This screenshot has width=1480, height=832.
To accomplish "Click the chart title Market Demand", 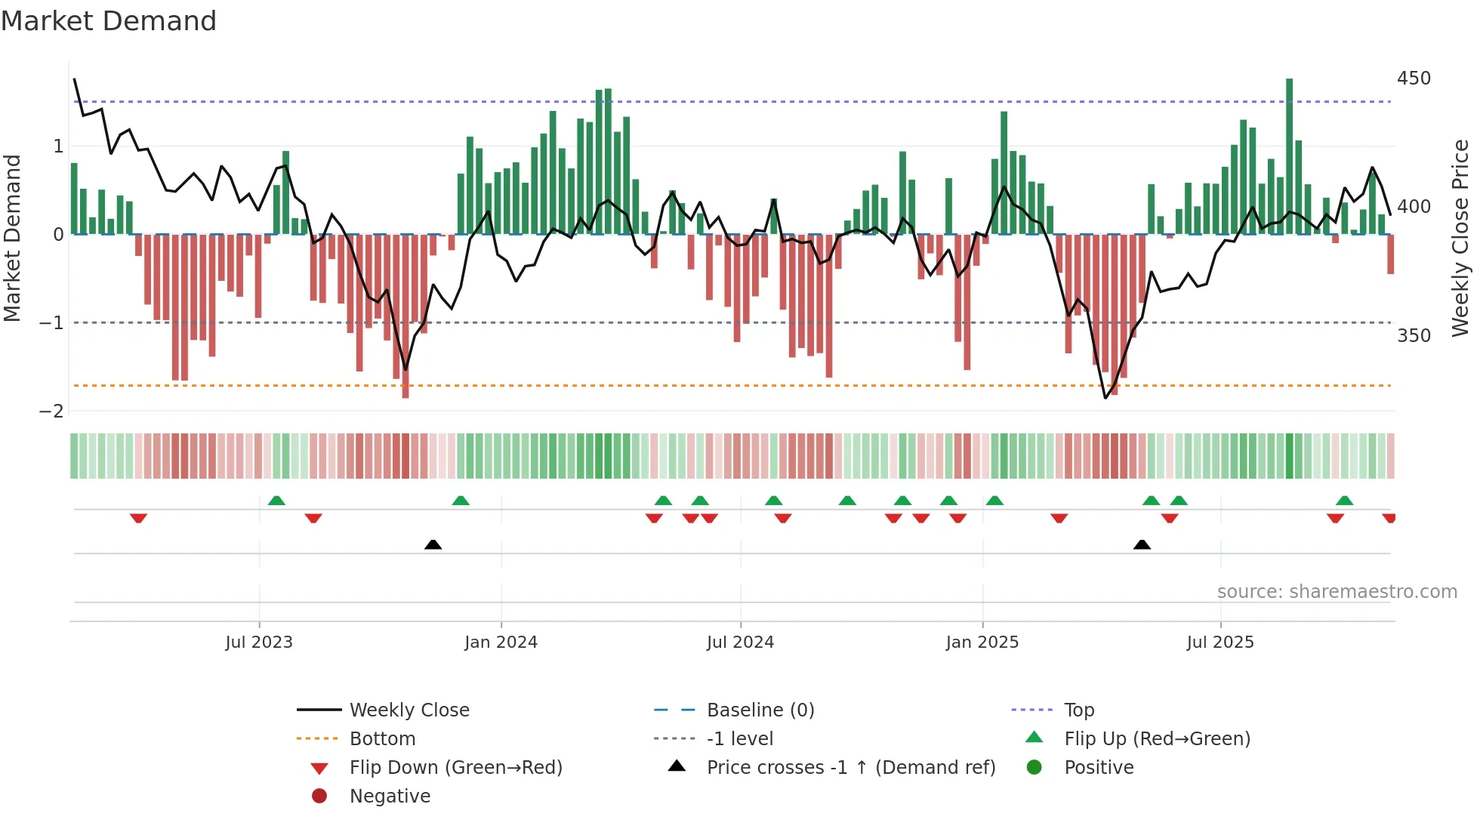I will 109,21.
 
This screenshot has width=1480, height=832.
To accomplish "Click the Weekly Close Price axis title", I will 1460,238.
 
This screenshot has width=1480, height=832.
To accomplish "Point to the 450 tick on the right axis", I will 1414,79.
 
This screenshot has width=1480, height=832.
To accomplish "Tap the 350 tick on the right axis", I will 1414,335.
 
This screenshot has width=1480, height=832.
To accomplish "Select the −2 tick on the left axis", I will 51,411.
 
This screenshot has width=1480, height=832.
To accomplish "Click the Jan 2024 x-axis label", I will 501,642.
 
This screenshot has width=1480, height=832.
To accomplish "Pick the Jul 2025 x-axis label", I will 1219,642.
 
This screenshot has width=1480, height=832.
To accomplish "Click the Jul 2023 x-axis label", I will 259,642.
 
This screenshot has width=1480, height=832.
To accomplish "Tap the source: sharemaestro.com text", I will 1337,592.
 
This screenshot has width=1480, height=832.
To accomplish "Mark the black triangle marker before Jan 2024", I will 433,544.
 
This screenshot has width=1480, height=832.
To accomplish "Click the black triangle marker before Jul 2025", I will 1142,544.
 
